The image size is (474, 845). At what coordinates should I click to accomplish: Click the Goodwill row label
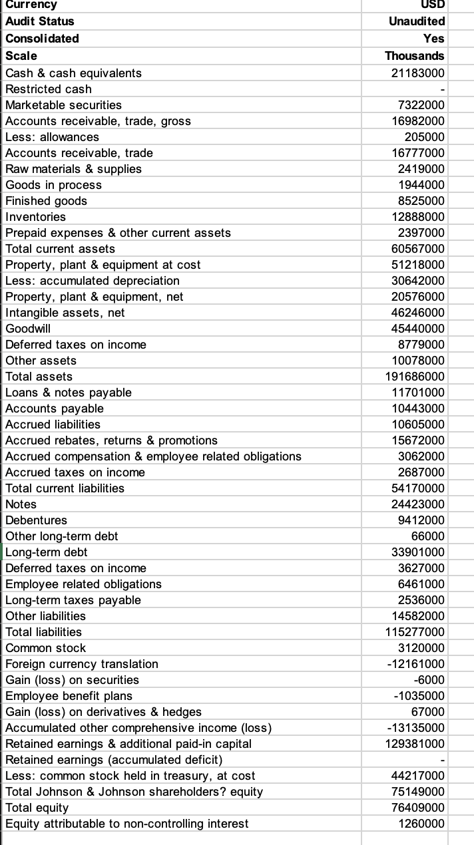(28, 328)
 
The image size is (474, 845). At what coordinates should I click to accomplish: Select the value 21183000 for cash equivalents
(417, 73)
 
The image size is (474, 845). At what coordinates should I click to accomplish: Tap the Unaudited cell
(417, 21)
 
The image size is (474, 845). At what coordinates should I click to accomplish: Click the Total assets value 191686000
(414, 376)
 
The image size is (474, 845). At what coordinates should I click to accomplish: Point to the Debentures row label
(36, 520)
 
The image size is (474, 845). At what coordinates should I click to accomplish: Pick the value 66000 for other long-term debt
(429, 536)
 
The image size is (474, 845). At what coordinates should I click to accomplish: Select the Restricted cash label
(48, 88)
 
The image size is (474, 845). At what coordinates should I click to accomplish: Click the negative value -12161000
(416, 663)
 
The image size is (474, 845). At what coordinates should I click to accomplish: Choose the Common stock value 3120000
(421, 647)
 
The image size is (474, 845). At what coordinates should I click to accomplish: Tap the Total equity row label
(37, 807)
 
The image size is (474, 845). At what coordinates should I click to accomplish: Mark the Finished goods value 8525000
(421, 200)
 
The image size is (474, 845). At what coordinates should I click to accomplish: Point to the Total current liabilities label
(65, 488)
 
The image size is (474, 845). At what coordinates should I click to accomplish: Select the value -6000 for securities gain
(429, 679)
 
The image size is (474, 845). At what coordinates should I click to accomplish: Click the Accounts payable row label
(54, 408)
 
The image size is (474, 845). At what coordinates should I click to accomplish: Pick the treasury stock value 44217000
(418, 775)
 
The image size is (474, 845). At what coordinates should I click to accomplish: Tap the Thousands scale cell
(415, 55)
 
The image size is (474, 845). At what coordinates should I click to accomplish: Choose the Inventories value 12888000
(418, 216)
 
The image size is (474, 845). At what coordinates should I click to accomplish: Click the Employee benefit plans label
(69, 695)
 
